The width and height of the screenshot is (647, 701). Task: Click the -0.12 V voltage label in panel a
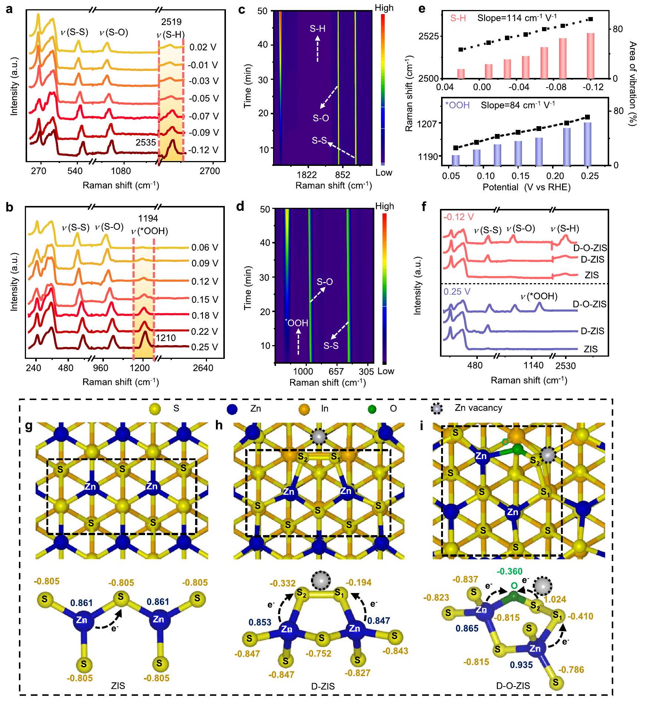click(x=203, y=150)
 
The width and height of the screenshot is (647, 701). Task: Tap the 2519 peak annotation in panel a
click(x=171, y=22)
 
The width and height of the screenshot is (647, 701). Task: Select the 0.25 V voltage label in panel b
click(x=204, y=347)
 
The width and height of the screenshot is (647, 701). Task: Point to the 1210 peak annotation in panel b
click(x=165, y=338)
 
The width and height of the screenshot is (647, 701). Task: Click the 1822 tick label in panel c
click(x=307, y=174)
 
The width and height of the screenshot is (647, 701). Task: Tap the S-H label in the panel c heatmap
click(x=318, y=29)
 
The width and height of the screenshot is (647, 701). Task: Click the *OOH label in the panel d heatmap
click(x=297, y=322)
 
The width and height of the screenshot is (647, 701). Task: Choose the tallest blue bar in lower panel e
click(x=587, y=144)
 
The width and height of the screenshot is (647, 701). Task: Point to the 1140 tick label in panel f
click(x=533, y=366)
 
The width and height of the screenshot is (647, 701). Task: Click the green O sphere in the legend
click(x=372, y=409)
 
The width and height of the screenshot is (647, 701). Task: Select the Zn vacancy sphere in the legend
click(x=437, y=409)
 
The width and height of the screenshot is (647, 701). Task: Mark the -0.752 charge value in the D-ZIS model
click(x=319, y=653)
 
